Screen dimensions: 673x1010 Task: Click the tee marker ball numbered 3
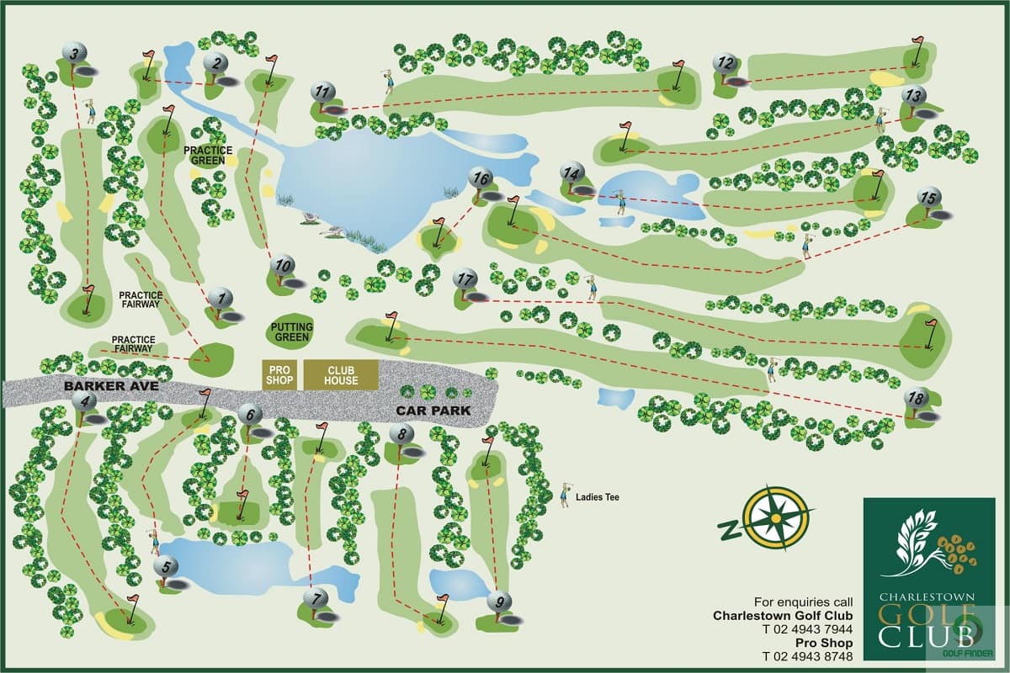coord(75,54)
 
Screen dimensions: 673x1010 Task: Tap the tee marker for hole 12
coord(725,63)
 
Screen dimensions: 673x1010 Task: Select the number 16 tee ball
coord(481,178)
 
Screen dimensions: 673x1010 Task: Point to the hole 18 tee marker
coord(916,397)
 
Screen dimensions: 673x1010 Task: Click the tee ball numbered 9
coord(499,601)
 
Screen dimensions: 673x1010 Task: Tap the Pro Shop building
coord(279,375)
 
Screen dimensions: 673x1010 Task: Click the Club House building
coord(341,375)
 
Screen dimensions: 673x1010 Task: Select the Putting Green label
coord(292,331)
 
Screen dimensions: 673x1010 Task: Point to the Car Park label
coord(433,411)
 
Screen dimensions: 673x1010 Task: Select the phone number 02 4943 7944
coord(807,629)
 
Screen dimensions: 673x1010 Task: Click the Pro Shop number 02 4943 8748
coord(807,656)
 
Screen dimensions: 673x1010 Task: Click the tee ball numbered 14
coord(572,173)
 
